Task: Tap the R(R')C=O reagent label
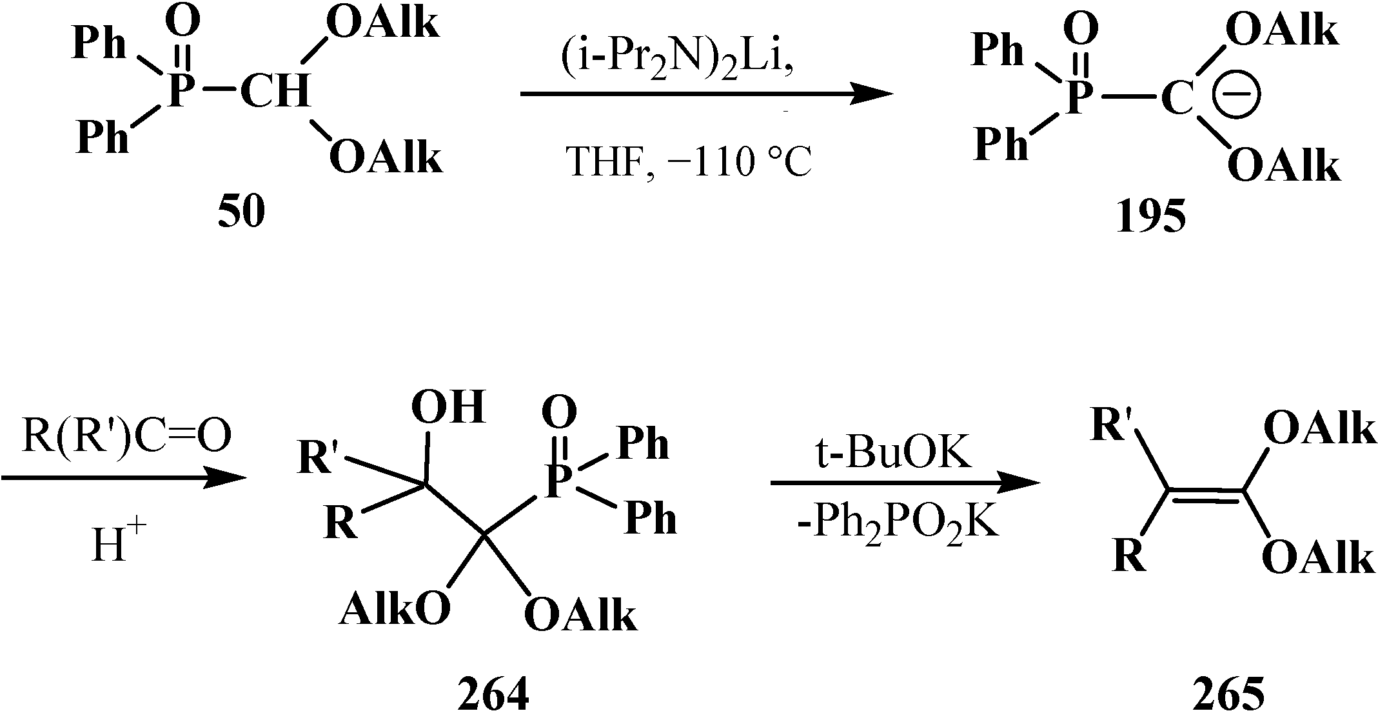point(126,437)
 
